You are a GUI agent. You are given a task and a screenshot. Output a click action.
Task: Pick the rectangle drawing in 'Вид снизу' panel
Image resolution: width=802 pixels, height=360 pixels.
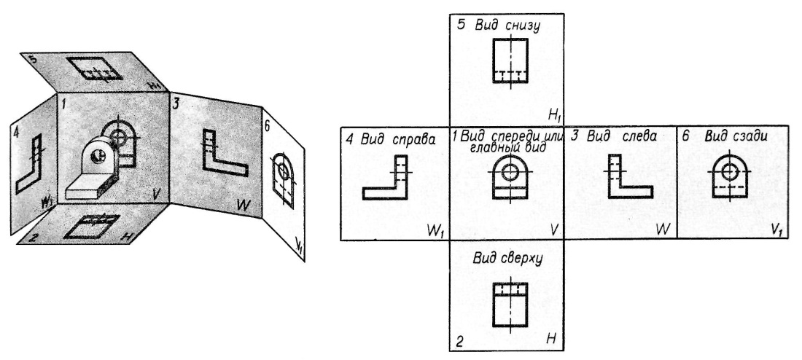click(x=508, y=61)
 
